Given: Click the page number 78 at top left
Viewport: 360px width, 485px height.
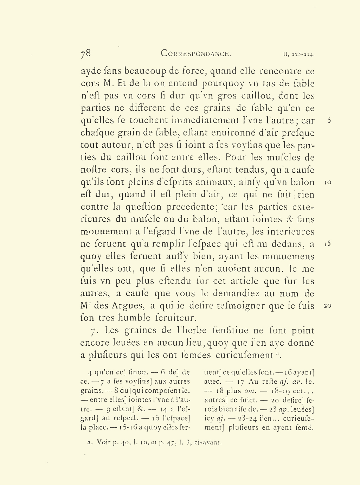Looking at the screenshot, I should click(85, 53).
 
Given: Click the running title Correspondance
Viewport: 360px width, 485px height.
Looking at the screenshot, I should click(196, 53).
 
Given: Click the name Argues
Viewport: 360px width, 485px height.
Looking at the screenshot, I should click(129, 306).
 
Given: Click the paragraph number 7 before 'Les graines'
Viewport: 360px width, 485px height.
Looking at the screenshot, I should click(93, 331).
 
